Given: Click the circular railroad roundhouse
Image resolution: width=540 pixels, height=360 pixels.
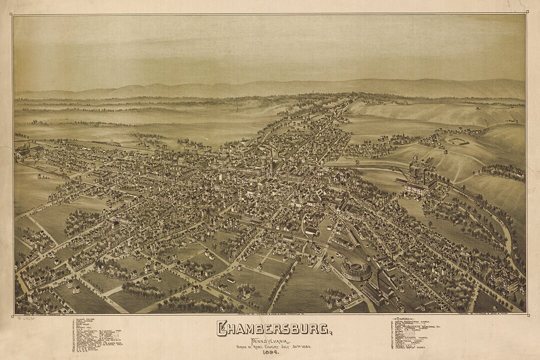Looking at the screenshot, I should pos(356,270).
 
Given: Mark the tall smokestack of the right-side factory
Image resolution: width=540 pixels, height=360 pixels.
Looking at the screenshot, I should pos(424,176).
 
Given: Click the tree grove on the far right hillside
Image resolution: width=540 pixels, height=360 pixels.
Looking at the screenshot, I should pos(502,172).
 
